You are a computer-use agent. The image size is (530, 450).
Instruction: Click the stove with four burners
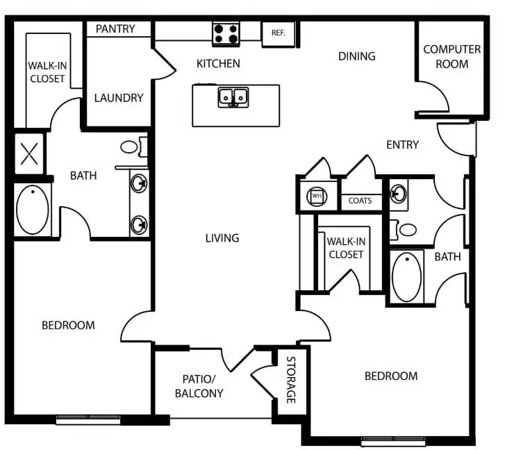pyautogui.click(x=226, y=33)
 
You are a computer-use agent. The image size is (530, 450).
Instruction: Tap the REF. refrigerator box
pyautogui.click(x=278, y=32)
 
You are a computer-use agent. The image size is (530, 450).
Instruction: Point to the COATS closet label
pyautogui.click(x=360, y=201)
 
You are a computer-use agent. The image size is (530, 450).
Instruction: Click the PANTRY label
pyautogui.click(x=115, y=29)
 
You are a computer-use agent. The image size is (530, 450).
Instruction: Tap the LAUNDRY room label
pyautogui.click(x=119, y=98)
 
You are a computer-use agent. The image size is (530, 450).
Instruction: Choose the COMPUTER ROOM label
pyautogui.click(x=452, y=56)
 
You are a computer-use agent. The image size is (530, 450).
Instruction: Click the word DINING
pyautogui.click(x=356, y=56)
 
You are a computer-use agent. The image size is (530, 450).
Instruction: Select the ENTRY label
pyautogui.click(x=403, y=144)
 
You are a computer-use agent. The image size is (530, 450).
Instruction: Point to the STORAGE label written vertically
pyautogui.click(x=291, y=381)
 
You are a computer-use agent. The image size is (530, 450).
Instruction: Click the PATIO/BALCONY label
pyautogui.click(x=203, y=386)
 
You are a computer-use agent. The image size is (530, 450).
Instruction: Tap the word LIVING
pyautogui.click(x=222, y=238)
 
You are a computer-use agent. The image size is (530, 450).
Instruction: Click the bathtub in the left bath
pyautogui.click(x=32, y=209)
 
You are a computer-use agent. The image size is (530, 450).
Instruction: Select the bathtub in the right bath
pyautogui.click(x=407, y=276)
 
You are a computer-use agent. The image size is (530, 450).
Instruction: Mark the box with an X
pyautogui.click(x=29, y=153)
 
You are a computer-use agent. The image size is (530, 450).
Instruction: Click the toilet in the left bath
pyautogui.click(x=133, y=147)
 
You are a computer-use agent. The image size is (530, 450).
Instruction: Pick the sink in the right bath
pyautogui.click(x=399, y=192)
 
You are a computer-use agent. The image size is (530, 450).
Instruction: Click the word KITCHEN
pyautogui.click(x=218, y=64)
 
